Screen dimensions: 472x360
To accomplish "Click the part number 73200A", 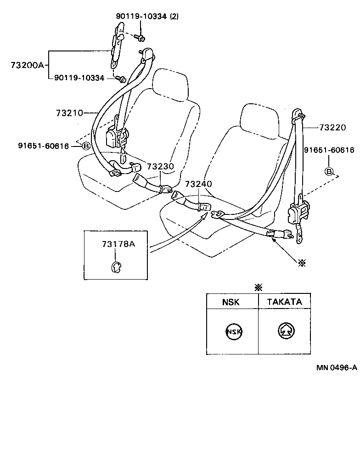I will pos(27,65).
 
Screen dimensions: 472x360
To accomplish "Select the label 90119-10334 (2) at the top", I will pos(147,17).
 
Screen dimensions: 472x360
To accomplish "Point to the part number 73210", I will pos(69,112).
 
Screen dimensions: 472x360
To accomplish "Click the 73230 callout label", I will pos(160,166).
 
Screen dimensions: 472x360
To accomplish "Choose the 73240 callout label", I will pos(198,184).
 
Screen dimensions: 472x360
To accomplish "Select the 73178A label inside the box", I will pos(118,244).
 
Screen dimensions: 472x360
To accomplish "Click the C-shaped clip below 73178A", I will pos(116,266).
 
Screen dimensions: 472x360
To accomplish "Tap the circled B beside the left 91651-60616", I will pos(85,146).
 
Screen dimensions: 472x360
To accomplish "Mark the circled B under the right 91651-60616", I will pos(329,172).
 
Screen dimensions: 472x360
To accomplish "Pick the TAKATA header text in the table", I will pos(284,302).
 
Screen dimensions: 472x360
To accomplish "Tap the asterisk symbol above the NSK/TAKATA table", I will pos(259,287).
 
